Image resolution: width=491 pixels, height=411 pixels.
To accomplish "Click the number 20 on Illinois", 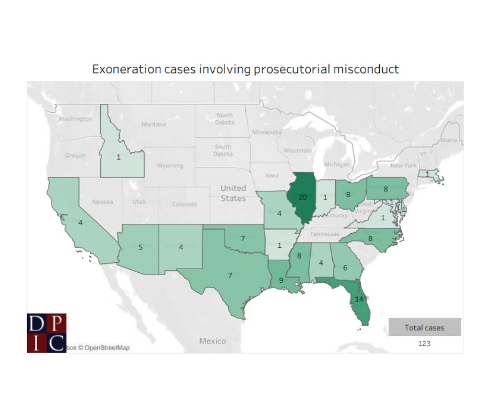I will [302, 197].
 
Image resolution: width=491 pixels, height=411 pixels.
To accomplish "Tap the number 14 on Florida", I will [358, 299].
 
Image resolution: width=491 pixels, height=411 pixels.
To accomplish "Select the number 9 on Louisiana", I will [281, 280].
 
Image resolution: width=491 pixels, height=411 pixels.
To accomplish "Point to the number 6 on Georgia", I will [345, 267].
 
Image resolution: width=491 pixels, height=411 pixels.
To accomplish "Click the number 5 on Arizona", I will [141, 247].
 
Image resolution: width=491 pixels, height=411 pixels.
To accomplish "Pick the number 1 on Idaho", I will [119, 157].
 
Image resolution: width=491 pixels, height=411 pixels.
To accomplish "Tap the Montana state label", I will [154, 124].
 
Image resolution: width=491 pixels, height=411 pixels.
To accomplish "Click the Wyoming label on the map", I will [170, 165].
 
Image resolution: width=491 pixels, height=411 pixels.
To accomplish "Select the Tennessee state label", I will [325, 234].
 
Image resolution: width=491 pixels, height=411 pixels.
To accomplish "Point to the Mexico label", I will [213, 341].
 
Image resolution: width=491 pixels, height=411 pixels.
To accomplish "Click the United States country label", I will [233, 193].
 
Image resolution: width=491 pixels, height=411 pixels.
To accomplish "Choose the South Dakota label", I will [223, 150].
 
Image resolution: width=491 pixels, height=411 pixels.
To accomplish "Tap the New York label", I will [403, 165].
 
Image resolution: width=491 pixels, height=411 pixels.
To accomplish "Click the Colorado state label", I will [184, 204].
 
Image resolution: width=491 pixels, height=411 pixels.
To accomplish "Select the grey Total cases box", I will [424, 328].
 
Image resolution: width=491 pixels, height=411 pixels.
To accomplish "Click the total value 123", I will [424, 344].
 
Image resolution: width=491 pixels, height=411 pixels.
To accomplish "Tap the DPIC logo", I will [46, 333].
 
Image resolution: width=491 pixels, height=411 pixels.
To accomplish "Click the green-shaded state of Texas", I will [230, 271].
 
